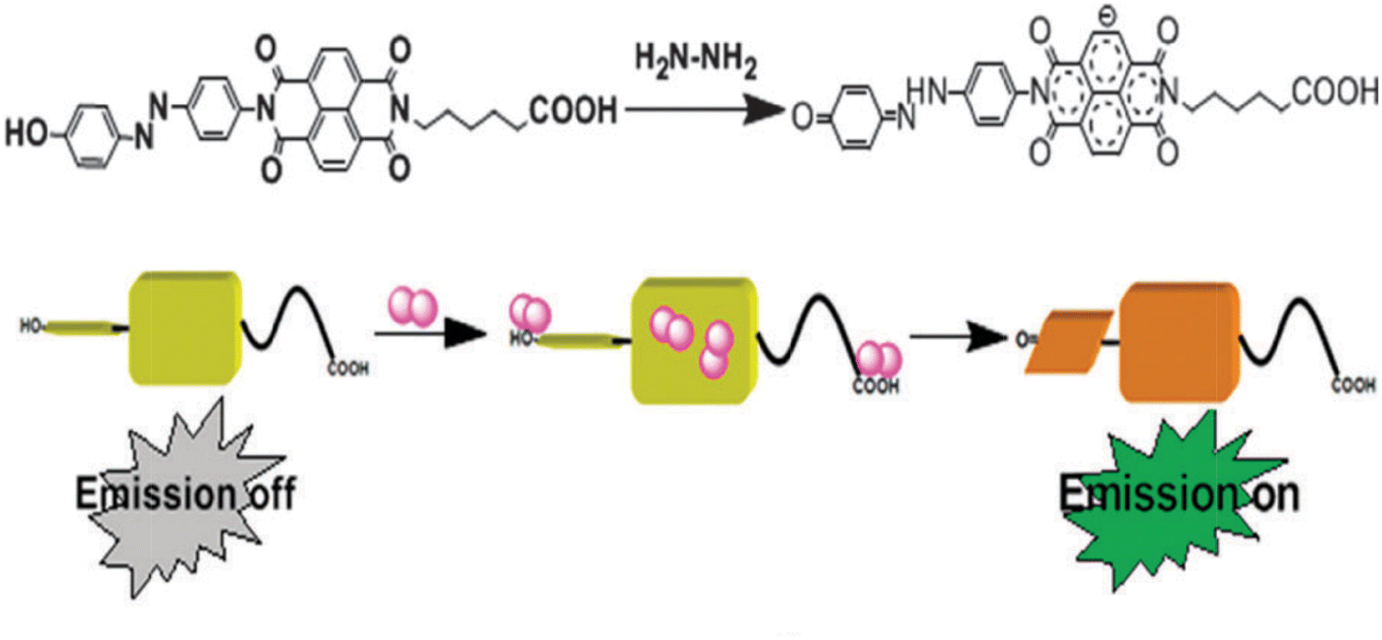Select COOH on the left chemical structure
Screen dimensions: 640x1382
(x=570, y=113)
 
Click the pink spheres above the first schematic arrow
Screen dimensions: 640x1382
(x=412, y=304)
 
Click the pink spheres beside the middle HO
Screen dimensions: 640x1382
(x=530, y=312)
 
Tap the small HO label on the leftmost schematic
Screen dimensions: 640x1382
(x=31, y=325)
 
